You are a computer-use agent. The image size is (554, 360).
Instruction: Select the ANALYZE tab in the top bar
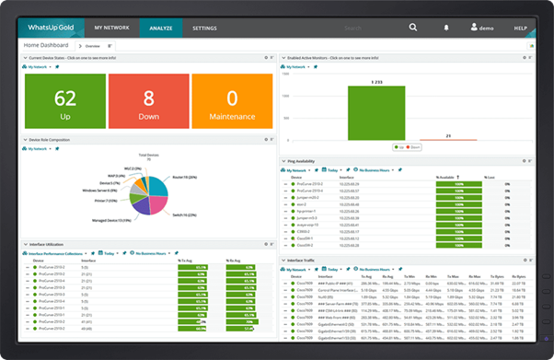click(161, 29)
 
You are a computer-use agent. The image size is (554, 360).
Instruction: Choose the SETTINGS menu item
click(211, 29)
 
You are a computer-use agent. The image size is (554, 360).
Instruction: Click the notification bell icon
click(446, 29)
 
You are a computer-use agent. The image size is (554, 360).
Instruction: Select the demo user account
click(482, 29)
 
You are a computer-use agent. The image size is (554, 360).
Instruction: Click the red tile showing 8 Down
click(147, 101)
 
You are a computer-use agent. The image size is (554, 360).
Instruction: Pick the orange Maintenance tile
click(232, 101)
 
